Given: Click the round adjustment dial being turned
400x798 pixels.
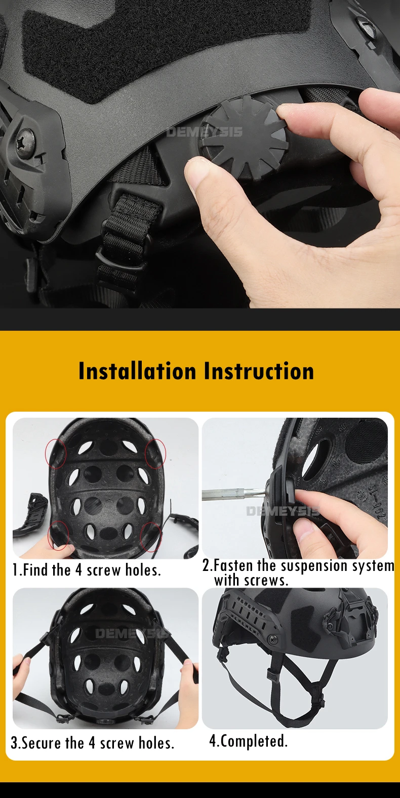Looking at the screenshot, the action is click(244, 137).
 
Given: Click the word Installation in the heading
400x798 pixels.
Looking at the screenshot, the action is click(137, 371).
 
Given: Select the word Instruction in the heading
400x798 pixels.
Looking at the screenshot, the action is click(259, 371).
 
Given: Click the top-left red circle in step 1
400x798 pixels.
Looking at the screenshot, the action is click(55, 454).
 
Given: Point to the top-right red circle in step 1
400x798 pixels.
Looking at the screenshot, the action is click(155, 453).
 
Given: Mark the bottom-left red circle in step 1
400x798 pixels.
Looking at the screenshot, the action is click(58, 536).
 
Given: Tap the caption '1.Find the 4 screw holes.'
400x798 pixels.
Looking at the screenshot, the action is click(87, 570).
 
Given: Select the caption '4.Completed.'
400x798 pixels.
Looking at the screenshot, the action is click(248, 741).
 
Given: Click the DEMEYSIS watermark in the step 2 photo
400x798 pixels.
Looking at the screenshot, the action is click(283, 512).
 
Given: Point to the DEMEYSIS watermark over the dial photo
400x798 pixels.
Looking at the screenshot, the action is click(205, 132).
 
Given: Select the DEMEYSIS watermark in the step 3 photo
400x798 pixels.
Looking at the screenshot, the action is click(132, 634).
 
